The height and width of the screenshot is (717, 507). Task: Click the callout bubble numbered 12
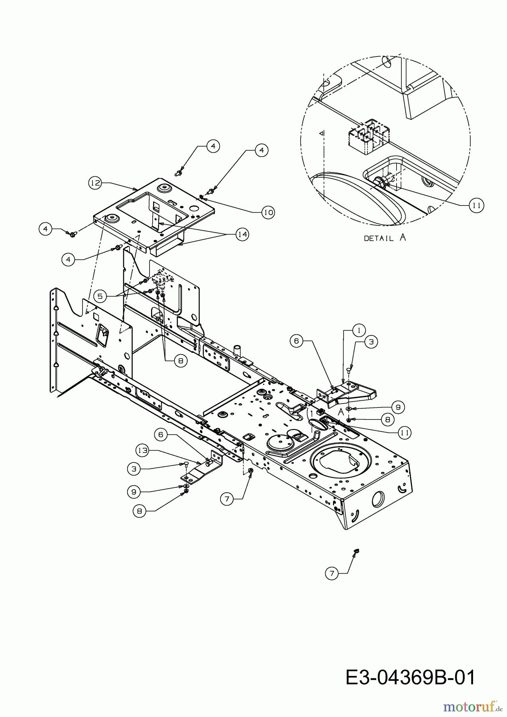coord(95,183)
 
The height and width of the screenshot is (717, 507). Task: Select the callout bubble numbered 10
coord(268,212)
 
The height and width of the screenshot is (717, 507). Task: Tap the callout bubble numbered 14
coord(242,235)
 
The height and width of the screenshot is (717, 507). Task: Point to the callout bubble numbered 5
coord(100,296)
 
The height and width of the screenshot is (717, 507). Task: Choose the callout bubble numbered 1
coord(359,330)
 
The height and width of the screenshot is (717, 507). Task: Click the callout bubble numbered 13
coord(142,451)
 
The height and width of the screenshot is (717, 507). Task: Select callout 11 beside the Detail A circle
coord(476,206)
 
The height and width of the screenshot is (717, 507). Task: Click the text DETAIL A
coord(385,238)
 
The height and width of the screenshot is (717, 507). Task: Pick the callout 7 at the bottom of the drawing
coord(332,573)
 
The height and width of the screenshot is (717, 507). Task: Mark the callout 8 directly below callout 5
coord(180,361)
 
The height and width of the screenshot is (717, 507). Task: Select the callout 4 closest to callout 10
coord(261,150)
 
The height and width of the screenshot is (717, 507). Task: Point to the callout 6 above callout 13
coord(161,434)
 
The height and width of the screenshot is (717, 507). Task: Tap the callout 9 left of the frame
coord(134,492)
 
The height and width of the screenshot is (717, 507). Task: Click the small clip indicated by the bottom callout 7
coord(356,550)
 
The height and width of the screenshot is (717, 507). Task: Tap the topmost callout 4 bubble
coord(213,146)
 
